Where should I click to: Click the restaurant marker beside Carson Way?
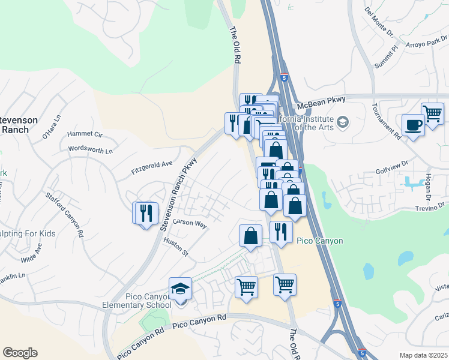(145, 213)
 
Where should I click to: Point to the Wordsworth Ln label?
(91, 149)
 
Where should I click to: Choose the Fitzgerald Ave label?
(152, 167)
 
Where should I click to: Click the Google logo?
(20, 353)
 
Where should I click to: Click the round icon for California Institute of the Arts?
(342, 122)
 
